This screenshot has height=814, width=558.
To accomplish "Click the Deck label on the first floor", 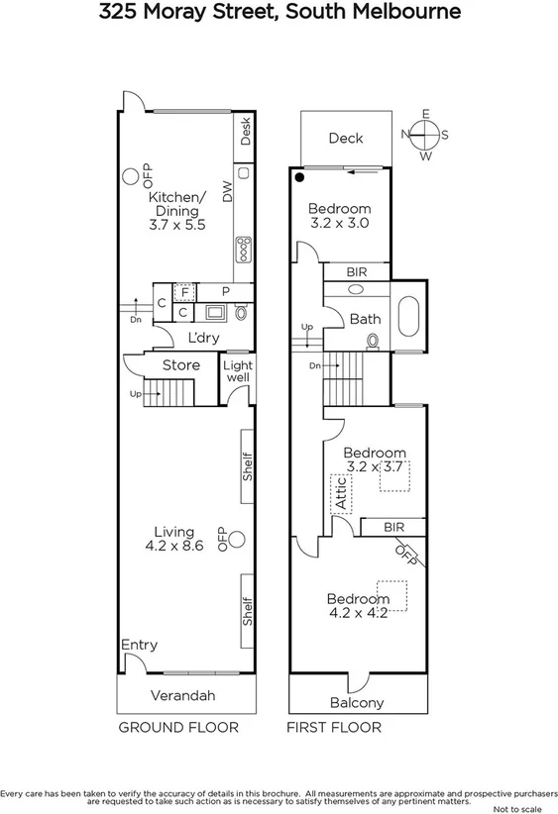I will tap(346, 139).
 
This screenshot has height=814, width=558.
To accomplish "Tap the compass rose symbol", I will tap(425, 135).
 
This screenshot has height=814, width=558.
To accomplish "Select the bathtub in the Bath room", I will tap(407, 319).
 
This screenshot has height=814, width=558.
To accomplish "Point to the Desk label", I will tap(246, 131).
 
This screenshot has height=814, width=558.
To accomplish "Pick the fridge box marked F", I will tap(182, 291).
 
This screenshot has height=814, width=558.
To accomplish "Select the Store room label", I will tap(181, 365).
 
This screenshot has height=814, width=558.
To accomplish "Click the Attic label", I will tap(342, 491).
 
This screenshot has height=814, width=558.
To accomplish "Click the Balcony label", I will tap(356, 702).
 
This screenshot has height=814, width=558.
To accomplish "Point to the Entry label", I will tap(139, 645).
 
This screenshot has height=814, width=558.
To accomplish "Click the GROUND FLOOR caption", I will tap(178, 728).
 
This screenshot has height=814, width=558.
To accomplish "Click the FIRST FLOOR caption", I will tap(334, 728).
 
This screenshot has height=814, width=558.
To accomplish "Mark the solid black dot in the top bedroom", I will tap(299, 178).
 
